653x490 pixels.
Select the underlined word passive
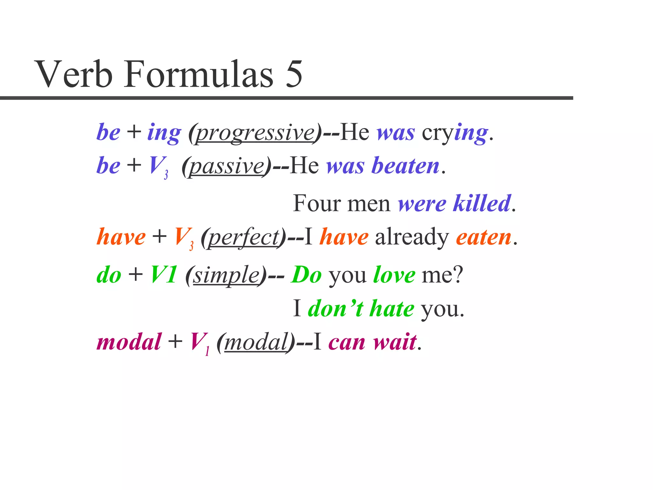227,166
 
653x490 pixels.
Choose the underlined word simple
227,275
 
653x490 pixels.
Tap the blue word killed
482,204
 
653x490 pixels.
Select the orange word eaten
483,237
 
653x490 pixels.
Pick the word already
412,237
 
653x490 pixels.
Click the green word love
394,275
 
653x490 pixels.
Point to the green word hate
392,309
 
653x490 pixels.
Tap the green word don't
335,309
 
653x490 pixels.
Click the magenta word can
347,342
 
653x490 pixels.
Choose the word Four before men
317,204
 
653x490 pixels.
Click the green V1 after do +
164,275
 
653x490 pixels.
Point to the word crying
454,133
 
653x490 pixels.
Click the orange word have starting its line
121,237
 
